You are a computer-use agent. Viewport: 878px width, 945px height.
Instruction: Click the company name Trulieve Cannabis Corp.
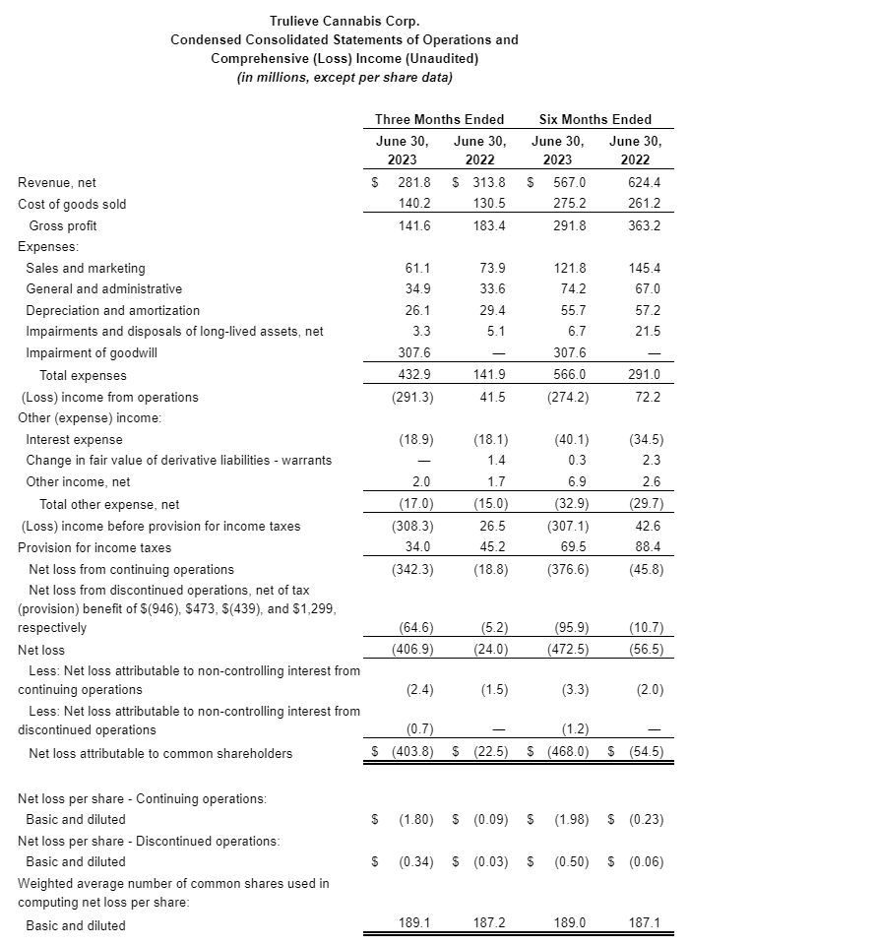point(344,21)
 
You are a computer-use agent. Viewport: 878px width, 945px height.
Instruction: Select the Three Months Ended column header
point(439,119)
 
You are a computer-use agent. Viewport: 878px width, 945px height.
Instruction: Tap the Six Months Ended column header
point(595,119)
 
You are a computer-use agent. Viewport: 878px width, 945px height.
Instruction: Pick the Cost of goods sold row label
point(72,204)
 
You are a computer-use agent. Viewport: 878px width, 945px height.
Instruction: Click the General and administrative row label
point(103,289)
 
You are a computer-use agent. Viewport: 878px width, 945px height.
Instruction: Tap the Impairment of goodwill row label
point(92,353)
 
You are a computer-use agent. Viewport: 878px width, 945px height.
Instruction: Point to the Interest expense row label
point(74,439)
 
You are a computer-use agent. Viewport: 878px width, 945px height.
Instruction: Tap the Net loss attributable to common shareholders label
point(160,753)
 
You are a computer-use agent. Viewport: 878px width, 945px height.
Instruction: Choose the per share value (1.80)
point(415,819)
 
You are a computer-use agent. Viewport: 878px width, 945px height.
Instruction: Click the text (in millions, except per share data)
point(345,78)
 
